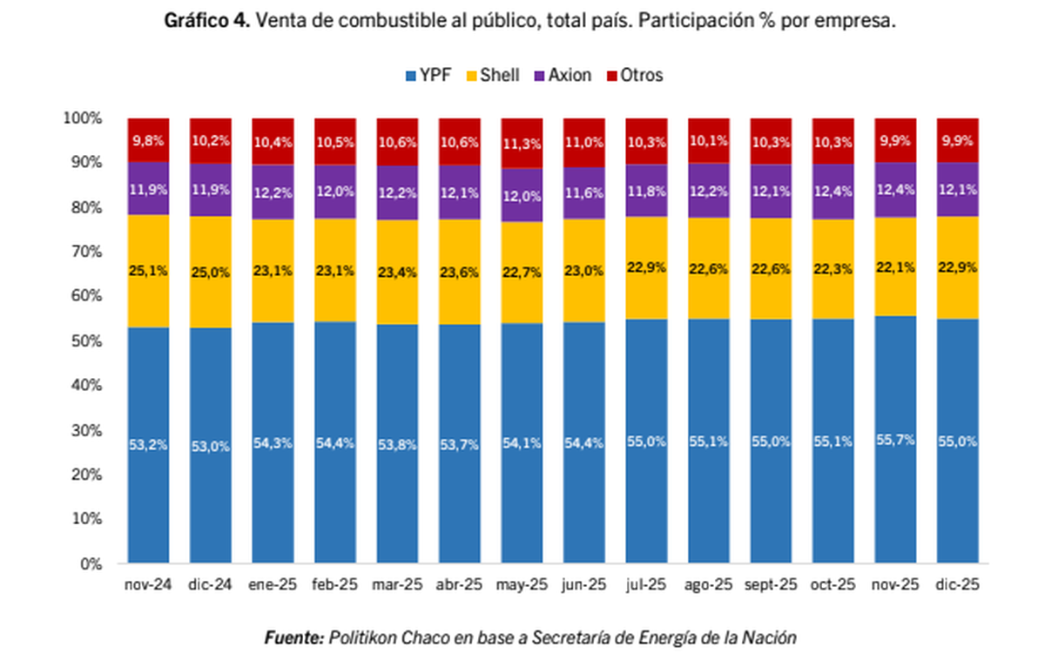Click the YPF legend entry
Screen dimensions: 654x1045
pos(428,76)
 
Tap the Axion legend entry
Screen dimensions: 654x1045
pos(563,76)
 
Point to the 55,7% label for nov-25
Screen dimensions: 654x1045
pos(895,440)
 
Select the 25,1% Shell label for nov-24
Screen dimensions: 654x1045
pos(148,272)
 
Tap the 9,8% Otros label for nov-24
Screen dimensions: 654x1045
pos(148,140)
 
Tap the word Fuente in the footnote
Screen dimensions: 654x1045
pos(294,637)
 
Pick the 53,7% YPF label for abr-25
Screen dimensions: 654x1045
pos(459,445)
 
